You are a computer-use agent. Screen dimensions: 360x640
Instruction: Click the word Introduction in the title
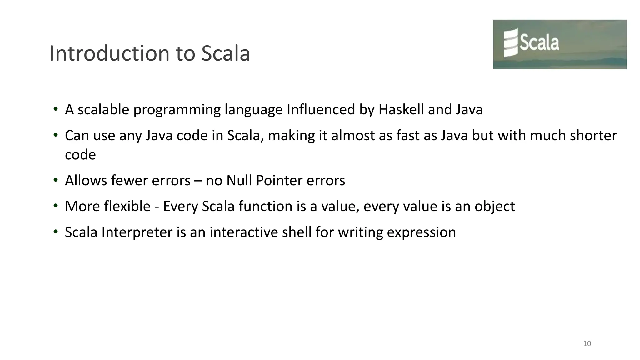109,53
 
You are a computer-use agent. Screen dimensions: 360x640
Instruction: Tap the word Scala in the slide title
225,53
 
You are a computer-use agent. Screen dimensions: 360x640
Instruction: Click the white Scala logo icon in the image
511,42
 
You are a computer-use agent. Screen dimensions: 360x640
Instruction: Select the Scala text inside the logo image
539,43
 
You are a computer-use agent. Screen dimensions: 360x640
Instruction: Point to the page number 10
587,344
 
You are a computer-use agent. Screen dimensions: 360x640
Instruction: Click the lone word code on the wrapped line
80,155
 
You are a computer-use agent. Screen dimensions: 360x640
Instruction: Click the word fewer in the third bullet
129,181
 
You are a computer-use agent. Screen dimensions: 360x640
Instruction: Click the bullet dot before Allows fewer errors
56,180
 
